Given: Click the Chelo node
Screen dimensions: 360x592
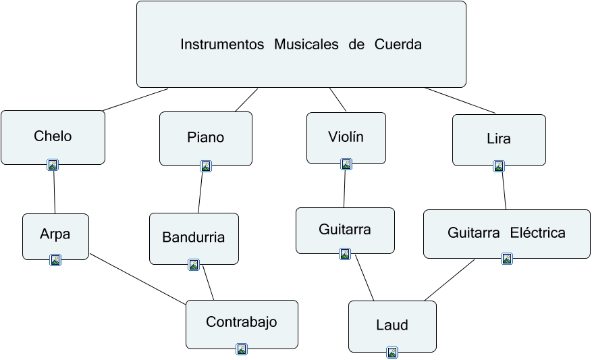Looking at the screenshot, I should pos(53,136).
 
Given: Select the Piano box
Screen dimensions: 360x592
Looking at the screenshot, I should pos(205,138).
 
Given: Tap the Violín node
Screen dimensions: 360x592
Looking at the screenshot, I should pos(346,137).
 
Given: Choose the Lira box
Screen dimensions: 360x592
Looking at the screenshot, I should pos(498,139).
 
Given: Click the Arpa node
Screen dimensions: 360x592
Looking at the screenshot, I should pos(55,235).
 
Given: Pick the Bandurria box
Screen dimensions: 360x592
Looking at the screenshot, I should pos(193,238).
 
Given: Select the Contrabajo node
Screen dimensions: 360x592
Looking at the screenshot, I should pos(242,322).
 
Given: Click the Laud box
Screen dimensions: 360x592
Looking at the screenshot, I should pos(392,326).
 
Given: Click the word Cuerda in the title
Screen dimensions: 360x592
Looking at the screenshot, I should pos(398,45).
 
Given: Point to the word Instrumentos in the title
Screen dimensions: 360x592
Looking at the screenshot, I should pos(222,45).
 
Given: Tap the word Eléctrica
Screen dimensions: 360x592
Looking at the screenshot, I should pos(538,233).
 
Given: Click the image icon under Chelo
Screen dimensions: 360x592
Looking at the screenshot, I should pos(53,164).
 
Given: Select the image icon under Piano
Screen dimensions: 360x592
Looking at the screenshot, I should pos(206,165).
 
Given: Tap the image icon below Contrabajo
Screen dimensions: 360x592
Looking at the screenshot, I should pos(242,349).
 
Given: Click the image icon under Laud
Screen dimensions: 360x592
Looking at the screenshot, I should pos(392,352).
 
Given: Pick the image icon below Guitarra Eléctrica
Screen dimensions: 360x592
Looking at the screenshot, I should pos(507,258).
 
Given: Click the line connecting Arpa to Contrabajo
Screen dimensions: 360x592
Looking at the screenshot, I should pos(138,279).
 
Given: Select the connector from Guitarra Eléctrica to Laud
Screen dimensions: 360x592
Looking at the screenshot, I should pos(450,280).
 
